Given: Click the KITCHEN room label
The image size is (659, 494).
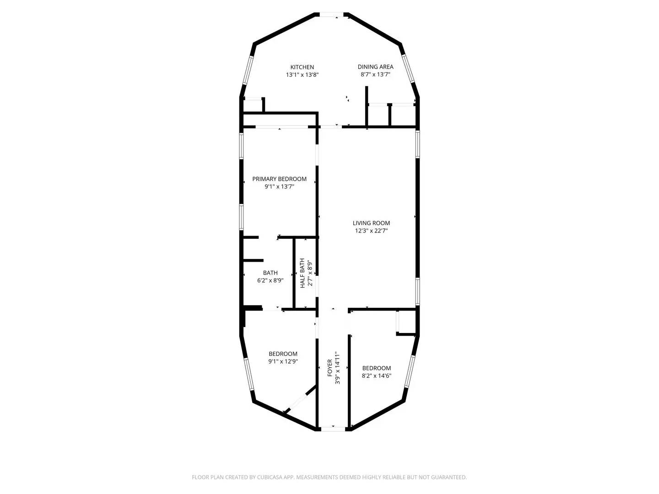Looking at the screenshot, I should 302,67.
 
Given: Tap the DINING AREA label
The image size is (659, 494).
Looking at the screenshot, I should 375,67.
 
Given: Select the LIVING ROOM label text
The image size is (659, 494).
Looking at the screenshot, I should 371,223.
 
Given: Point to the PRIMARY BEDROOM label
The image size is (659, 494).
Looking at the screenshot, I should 279,179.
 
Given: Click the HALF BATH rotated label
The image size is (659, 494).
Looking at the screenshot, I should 302,274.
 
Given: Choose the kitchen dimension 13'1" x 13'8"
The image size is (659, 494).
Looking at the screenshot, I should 302,75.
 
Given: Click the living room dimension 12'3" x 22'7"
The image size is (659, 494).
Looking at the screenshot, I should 371,231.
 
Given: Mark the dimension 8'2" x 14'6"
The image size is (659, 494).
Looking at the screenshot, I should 377,376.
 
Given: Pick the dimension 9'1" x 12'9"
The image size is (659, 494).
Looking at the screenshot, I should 283,361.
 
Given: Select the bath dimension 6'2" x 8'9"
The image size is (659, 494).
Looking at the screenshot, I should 270,280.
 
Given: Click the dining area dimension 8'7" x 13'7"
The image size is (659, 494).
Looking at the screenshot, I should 375,74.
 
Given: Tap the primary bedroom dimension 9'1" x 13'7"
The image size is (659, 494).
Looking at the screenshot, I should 279,187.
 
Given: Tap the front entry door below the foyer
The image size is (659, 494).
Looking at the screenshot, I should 333,429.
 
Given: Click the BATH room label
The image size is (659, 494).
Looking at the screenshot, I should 270,273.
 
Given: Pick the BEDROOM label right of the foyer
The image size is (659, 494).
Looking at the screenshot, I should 377,368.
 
